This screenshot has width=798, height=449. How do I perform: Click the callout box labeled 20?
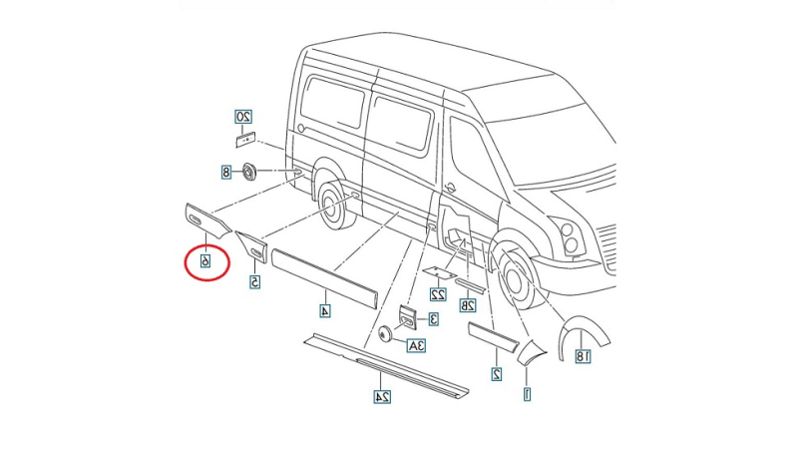[243, 116]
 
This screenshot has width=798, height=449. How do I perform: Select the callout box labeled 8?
[226, 172]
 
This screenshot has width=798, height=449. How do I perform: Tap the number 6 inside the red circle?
[206, 261]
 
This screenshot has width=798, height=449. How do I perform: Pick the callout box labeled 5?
[255, 282]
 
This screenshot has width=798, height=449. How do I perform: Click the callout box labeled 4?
[325, 310]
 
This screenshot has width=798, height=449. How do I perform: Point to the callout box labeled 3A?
[416, 345]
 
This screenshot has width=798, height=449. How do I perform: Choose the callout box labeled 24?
[381, 397]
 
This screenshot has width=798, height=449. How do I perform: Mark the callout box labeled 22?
[437, 294]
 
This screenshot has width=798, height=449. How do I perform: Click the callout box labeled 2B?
[467, 305]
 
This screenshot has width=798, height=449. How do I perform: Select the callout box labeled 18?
[583, 355]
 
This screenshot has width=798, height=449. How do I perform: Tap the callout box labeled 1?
[528, 394]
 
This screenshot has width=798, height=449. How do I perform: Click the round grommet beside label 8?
[249, 171]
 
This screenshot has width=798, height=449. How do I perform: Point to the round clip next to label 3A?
[384, 334]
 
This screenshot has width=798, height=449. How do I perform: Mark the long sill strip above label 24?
[384, 364]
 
